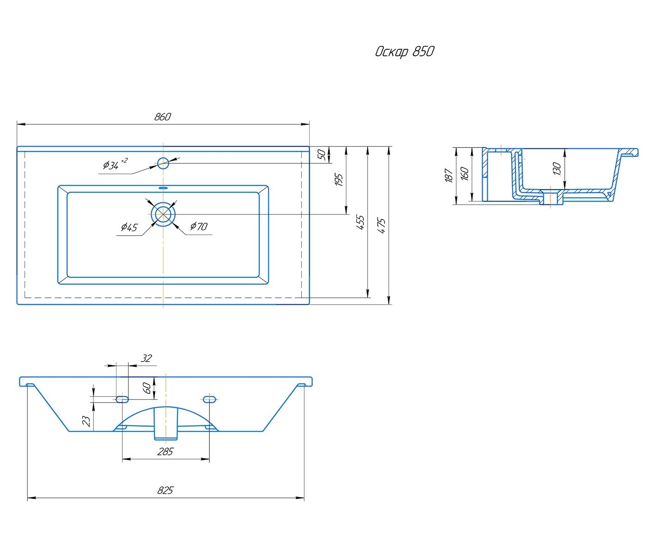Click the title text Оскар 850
404,52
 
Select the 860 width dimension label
163,117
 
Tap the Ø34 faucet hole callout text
115,164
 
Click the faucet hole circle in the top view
163,163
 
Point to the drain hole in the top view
163,214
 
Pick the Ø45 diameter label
129,227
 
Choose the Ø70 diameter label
199,226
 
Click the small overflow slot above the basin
164,188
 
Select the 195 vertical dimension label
339,180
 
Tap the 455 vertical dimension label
361,222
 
